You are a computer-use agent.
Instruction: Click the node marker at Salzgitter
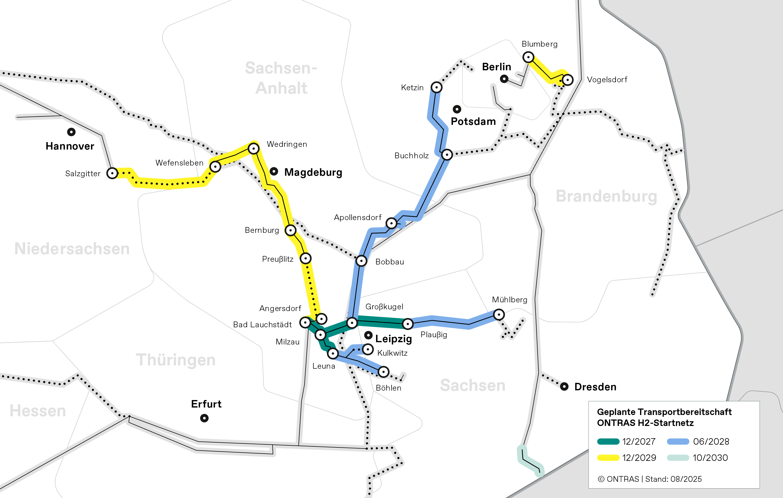tap(112, 173)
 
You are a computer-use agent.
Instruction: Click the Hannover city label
tap(70, 146)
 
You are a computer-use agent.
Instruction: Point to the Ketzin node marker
tap(436, 87)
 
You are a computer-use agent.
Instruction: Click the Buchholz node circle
tap(447, 155)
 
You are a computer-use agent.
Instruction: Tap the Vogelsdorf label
tap(607, 80)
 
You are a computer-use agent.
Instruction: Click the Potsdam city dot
tap(457, 109)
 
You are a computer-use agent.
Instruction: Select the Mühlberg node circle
tap(499, 314)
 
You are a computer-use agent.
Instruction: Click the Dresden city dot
tap(564, 386)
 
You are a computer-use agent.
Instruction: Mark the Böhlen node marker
tap(384, 372)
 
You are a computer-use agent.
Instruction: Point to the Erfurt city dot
tap(204, 418)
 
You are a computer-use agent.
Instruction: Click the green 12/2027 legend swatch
tap(608, 442)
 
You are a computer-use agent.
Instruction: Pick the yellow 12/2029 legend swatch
tap(608, 458)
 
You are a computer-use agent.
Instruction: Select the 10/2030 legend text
tap(710, 458)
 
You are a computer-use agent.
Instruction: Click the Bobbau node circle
tap(361, 261)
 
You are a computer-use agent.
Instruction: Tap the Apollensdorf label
tap(358, 217)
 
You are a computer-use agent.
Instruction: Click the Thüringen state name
tap(176, 360)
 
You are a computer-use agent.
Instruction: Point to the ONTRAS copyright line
tap(649, 479)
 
